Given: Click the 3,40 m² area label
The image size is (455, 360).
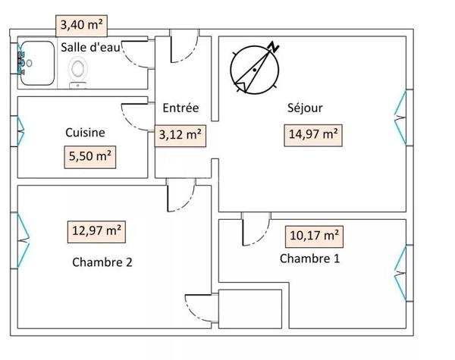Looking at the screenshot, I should pos(82,26).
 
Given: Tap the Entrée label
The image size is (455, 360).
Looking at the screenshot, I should pos(180,108).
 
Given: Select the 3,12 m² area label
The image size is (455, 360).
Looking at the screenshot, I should pos(180,136).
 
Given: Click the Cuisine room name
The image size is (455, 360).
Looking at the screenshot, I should pos(85,133).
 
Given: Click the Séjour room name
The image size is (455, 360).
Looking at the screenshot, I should pos(305,108).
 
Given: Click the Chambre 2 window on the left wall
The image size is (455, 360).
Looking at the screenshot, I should pos(21,240).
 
